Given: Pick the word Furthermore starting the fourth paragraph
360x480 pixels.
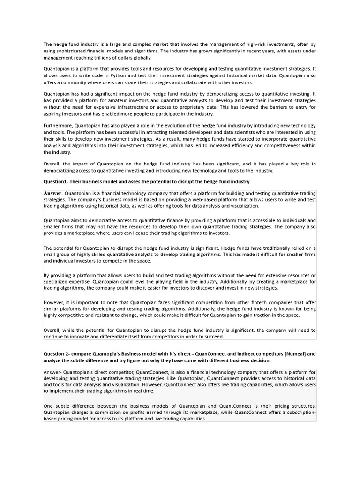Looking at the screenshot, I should pos(58,126).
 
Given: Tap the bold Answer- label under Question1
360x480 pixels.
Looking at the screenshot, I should pos(53,193).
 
